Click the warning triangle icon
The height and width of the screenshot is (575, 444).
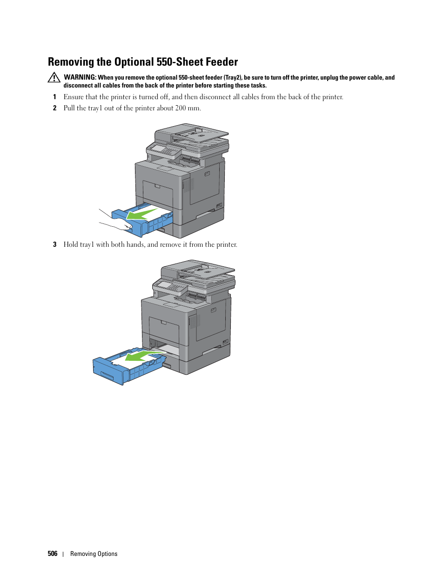54,78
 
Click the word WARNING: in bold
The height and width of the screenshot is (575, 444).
80,77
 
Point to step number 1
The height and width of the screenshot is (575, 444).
54,97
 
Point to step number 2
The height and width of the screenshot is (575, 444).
54,108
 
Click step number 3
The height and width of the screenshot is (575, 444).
54,244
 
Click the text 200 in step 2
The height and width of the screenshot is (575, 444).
181,108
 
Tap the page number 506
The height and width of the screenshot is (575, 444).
53,554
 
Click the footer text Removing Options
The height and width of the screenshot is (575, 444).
94,554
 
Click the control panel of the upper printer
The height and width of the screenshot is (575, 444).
163,150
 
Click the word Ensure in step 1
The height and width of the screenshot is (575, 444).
74,97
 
